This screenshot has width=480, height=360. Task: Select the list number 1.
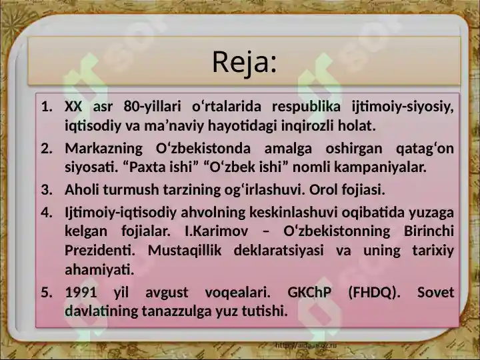pos(47,107)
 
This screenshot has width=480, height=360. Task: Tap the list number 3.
pos(47,190)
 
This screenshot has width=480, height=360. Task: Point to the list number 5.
pos(47,293)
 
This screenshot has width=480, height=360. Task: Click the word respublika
pos(306,107)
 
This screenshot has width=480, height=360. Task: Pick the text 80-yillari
pos(152,107)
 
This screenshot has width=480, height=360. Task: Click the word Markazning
pos(104,149)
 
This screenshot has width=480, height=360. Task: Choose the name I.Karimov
pos(217,231)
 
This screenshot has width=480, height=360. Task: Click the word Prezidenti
pos(100,251)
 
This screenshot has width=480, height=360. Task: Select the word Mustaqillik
pos(185,251)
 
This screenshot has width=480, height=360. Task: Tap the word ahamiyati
pos(99,270)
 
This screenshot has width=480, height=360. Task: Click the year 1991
pos(81,293)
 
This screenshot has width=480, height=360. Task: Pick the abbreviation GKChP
pos(309,293)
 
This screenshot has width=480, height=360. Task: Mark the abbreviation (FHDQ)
pos(374,293)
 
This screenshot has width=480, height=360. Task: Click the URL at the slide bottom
pos(306,345)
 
